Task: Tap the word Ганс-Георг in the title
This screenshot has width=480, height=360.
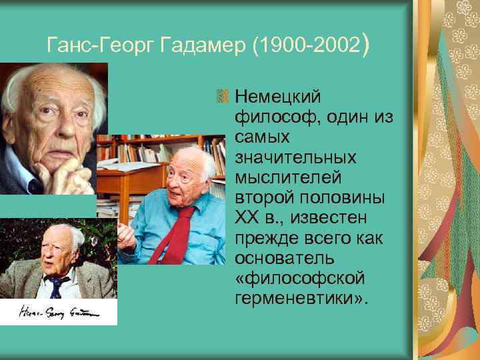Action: [90, 45]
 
